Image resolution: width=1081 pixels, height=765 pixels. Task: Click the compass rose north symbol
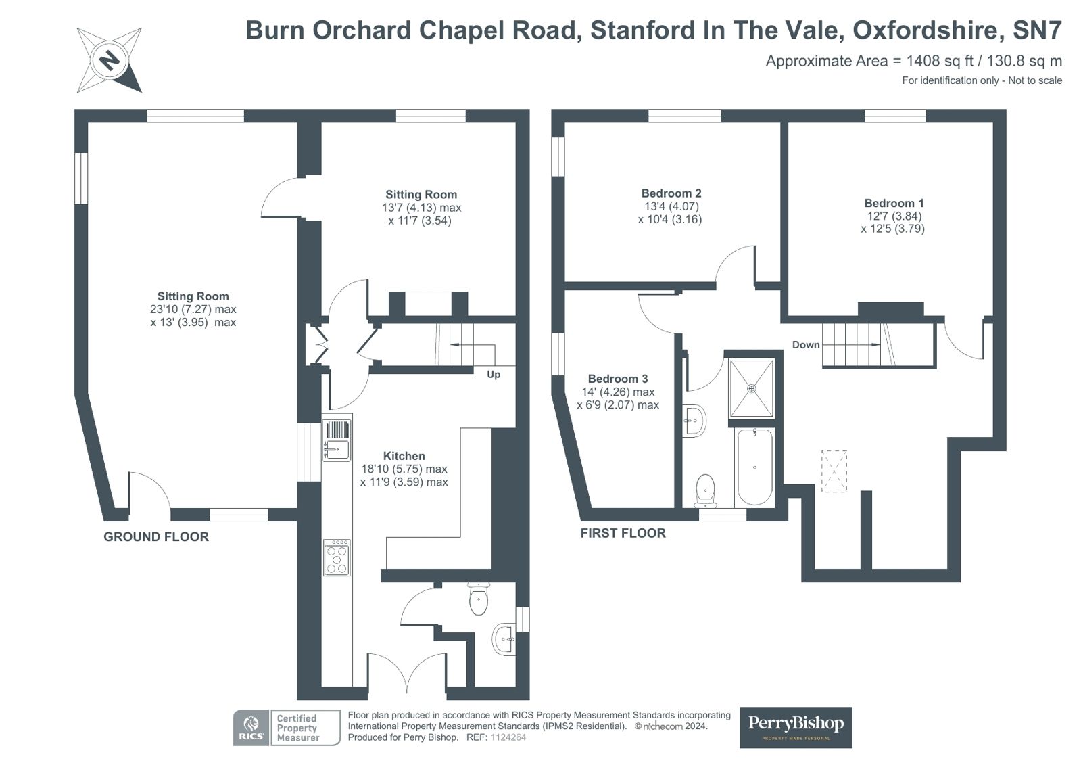[x=110, y=60]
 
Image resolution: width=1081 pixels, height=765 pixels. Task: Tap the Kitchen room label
[x=404, y=456]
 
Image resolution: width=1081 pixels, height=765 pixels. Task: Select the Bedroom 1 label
[x=893, y=203]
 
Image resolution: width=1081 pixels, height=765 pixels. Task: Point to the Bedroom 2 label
[x=671, y=193]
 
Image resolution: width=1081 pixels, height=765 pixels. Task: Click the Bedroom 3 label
[x=618, y=379]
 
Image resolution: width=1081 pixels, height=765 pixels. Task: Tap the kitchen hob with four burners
[x=337, y=557]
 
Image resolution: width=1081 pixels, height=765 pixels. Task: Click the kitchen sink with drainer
[x=337, y=440]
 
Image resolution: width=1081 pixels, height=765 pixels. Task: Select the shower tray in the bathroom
[x=751, y=388]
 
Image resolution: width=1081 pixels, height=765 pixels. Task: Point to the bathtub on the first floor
[x=754, y=467]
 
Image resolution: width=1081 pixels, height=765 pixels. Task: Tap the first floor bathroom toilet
[x=706, y=490]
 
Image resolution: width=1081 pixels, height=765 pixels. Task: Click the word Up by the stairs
[x=494, y=374]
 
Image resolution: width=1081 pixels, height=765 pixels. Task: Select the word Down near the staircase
[x=806, y=345]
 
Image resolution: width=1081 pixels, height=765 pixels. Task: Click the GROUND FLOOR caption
[x=156, y=536]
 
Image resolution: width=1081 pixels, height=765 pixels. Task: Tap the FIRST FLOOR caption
[x=623, y=533]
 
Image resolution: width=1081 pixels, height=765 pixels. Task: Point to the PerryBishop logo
[x=796, y=727]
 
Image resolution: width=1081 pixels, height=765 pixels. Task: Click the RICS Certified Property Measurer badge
[x=287, y=727]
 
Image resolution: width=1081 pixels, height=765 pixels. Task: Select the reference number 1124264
[x=508, y=737]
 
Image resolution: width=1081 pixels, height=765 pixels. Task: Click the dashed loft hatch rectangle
[x=834, y=471]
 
